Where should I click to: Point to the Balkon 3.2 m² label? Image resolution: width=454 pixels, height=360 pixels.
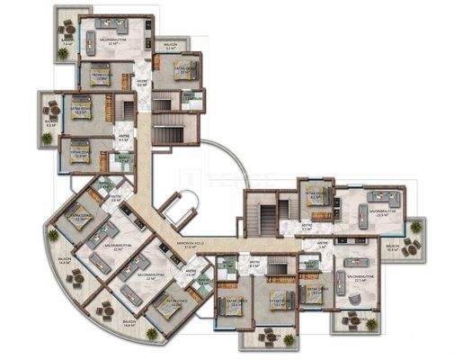pyautogui.click(x=170, y=45)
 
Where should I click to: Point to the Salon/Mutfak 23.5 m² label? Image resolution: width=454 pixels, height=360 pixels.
pyautogui.click(x=387, y=214)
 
